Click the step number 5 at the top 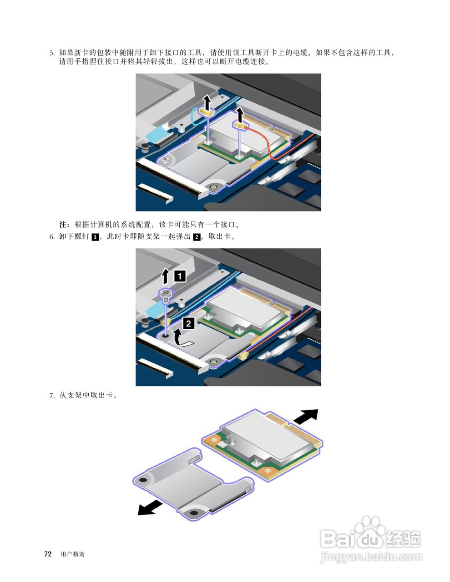tap(51, 53)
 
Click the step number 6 tap(51, 237)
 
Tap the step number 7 tap(51, 396)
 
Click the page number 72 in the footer tap(48, 554)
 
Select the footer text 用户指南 tap(73, 554)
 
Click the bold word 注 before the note tap(62, 225)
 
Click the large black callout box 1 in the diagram tap(180, 276)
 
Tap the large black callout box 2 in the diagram tap(188, 324)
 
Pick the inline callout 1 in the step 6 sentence tap(95, 237)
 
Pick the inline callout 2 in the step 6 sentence tap(197, 237)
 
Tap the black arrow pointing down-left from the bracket tap(150, 508)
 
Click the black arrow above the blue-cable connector tap(207, 102)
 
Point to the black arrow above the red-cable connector tap(240, 115)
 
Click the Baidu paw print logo tap(371, 530)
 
